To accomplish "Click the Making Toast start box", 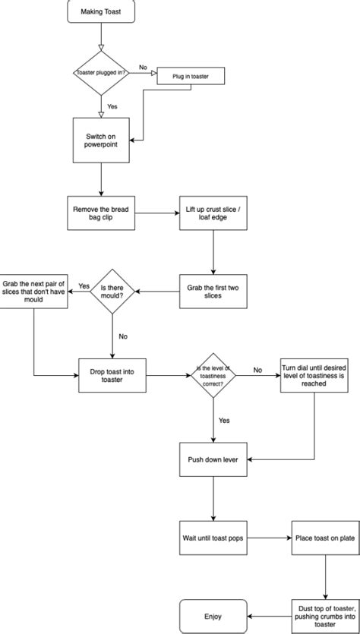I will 102,13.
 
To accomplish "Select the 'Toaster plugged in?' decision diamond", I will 102,73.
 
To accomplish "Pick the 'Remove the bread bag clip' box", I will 102,213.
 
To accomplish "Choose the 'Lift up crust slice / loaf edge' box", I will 213,213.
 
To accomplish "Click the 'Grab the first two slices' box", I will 213,292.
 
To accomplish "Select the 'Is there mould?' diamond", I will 112,292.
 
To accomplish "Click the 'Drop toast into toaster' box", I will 112,375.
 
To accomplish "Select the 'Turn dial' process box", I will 313,375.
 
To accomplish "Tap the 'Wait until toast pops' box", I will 213,537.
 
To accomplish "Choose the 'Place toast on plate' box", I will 325,537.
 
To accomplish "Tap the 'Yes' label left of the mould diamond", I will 84,285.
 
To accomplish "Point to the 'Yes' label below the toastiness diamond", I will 225,420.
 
